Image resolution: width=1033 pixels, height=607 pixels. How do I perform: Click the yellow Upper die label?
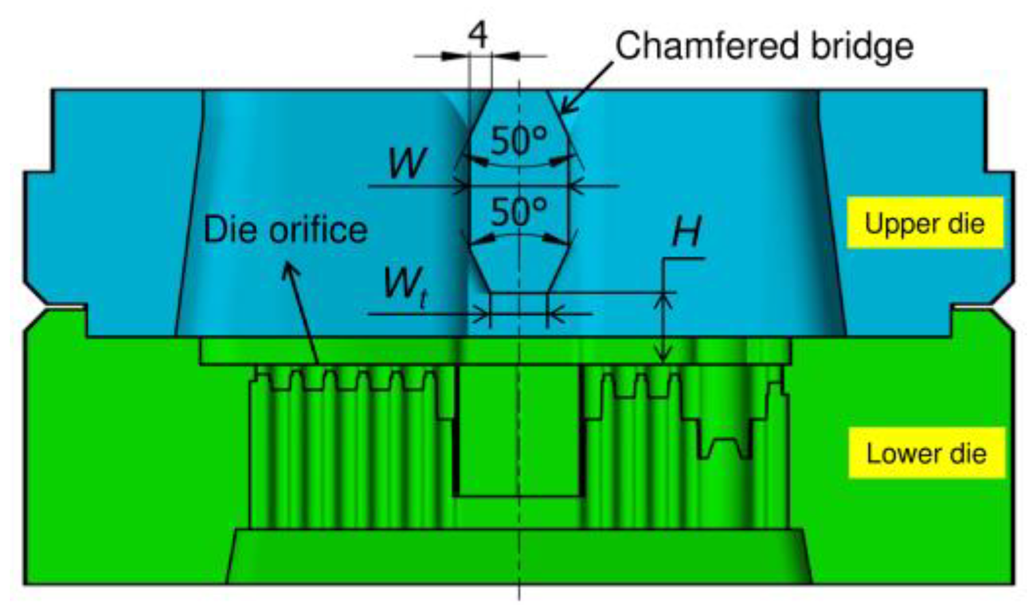[x=924, y=224]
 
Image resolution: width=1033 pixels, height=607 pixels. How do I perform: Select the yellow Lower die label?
[x=926, y=453]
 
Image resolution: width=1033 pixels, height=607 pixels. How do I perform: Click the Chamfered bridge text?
[x=764, y=46]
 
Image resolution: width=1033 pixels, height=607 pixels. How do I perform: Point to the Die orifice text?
[x=286, y=230]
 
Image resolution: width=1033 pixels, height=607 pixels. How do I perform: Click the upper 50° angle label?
[x=518, y=140]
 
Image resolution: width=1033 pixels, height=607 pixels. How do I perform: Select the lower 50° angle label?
[x=518, y=211]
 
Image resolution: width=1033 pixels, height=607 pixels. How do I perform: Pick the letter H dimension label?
[x=686, y=231]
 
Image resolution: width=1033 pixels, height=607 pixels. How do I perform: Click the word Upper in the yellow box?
[x=894, y=224]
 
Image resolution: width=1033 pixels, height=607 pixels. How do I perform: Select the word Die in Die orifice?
[x=225, y=230]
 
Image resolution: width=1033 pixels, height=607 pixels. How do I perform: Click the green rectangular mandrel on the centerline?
[x=518, y=430]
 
